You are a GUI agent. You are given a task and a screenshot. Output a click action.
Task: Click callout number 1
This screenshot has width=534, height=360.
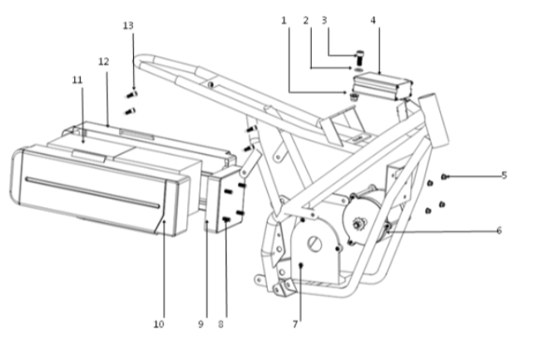pos(283,19)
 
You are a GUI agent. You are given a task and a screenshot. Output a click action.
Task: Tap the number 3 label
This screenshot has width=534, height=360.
pos(324,19)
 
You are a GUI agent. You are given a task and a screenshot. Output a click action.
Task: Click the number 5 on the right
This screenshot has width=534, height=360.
pos(503,175)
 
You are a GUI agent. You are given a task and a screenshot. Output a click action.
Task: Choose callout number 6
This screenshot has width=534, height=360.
pos(499,230)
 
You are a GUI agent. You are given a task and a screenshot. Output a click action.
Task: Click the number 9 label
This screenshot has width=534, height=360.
pos(200,323)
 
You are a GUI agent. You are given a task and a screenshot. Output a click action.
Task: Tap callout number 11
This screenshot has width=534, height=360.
pos(77,79)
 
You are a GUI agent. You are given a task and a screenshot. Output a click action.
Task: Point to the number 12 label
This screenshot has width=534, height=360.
pos(103,62)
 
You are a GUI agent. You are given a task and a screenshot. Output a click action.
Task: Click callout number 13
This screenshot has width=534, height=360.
pos(127,26)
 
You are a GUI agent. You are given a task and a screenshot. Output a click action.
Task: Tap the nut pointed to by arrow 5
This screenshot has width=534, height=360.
pos(446,176)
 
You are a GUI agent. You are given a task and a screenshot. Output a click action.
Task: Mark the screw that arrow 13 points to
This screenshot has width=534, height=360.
pos(131,94)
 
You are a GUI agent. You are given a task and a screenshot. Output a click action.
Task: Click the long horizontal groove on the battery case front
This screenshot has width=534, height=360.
pos(91,191)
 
